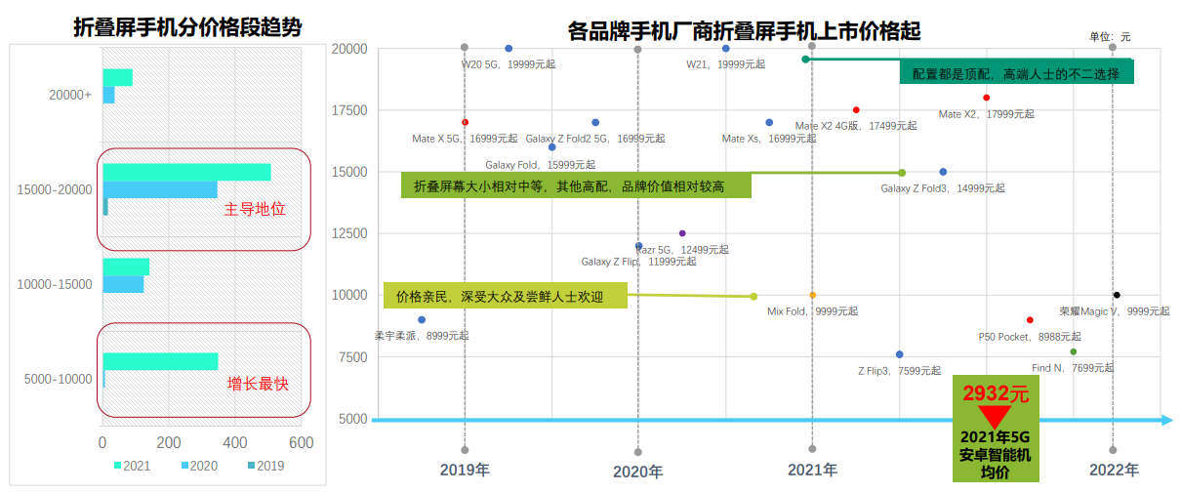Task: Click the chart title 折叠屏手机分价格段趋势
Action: [187, 27]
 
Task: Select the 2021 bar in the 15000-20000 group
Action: [186, 172]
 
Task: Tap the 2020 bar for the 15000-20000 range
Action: [160, 189]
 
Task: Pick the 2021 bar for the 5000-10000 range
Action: [160, 361]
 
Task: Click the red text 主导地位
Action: [256, 209]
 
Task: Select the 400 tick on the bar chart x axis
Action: [235, 442]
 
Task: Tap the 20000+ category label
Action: [70, 95]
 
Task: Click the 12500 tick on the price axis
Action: [348, 233]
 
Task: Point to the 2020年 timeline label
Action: [637, 472]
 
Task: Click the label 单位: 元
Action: [1110, 36]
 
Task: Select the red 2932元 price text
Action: [996, 394]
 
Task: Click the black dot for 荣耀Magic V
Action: [1117, 295]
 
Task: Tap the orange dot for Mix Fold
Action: [812, 295]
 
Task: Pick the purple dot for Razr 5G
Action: [682, 233]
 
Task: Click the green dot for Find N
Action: [1074, 351]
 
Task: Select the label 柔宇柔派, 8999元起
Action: [422, 336]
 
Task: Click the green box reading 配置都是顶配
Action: [1015, 73]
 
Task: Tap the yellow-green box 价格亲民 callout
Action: [506, 296]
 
